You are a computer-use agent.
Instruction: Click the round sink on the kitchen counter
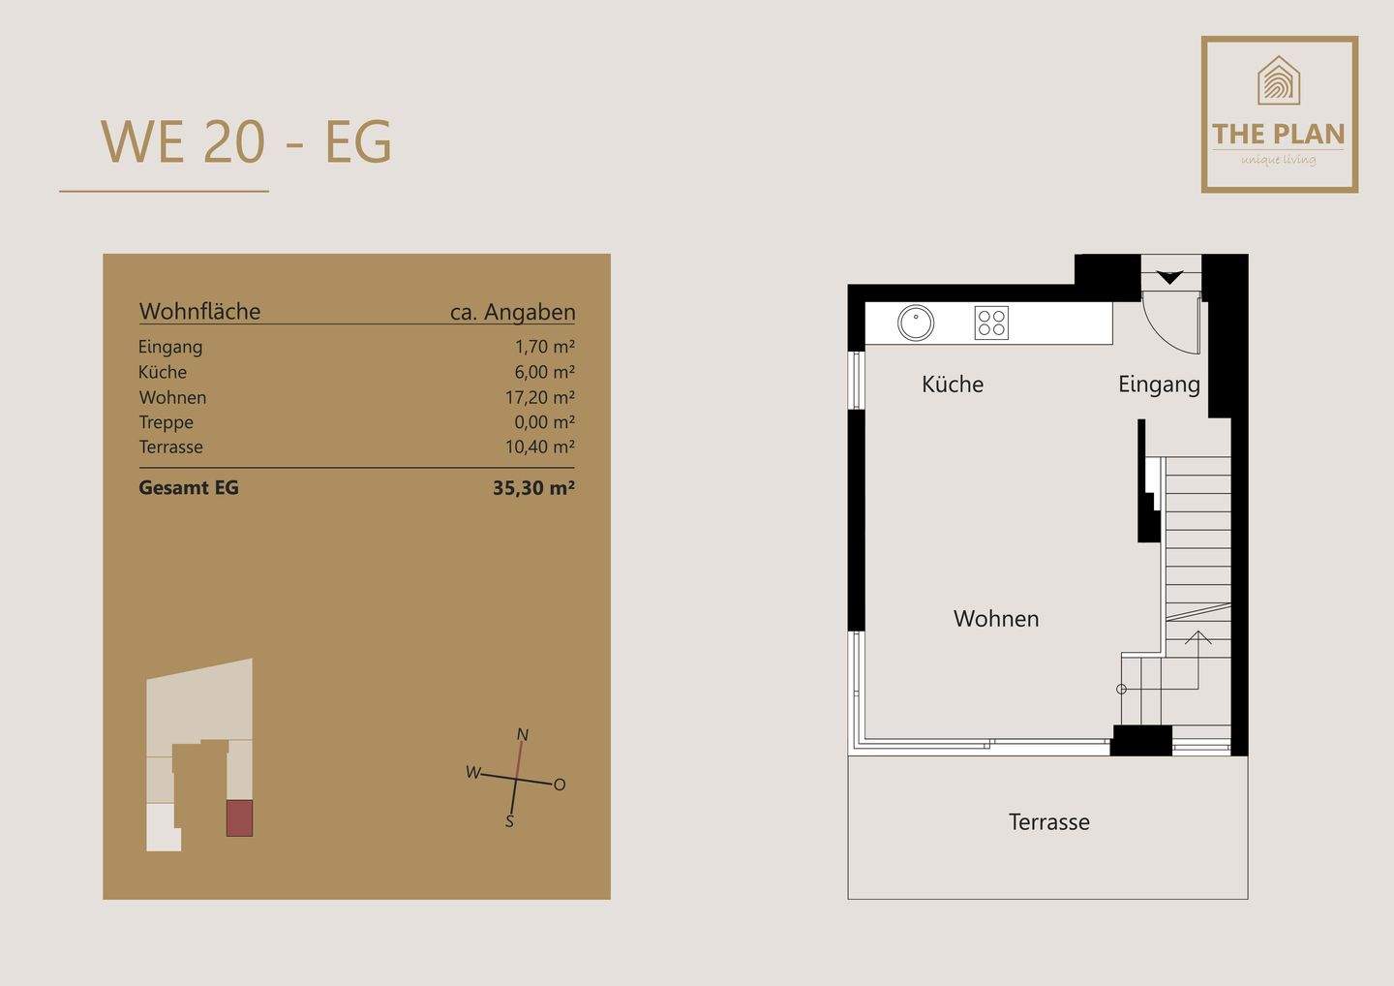click(915, 324)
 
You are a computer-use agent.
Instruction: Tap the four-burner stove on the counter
click(991, 323)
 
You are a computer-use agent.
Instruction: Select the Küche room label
click(953, 385)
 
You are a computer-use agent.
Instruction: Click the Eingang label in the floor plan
click(1159, 385)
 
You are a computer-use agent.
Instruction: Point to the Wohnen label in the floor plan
click(996, 619)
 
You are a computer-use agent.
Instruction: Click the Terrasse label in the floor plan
click(1048, 822)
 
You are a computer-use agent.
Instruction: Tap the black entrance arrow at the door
click(1170, 278)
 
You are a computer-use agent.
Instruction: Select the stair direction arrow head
click(1198, 636)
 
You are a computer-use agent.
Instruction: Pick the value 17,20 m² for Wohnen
click(539, 397)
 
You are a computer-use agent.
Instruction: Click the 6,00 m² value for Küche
click(544, 372)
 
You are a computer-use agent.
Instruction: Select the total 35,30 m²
click(533, 488)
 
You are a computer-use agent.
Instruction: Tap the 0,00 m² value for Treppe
click(544, 422)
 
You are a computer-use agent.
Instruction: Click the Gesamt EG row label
click(189, 488)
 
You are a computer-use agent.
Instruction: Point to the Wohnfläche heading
click(199, 312)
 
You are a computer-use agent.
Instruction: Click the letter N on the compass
click(523, 734)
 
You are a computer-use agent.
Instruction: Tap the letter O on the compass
click(560, 785)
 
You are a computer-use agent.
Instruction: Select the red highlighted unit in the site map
click(239, 818)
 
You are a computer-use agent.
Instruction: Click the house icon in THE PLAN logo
click(1279, 80)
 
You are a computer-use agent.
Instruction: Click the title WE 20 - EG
click(247, 142)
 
